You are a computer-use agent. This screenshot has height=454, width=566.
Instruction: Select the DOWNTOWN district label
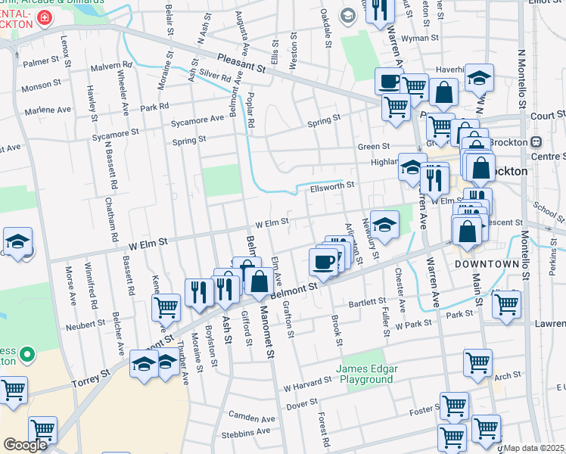tap(487, 264)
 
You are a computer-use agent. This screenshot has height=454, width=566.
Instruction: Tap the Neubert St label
tap(85, 323)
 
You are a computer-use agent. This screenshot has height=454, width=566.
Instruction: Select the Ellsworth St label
tap(332, 186)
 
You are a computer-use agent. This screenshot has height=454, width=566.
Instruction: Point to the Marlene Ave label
tap(47, 110)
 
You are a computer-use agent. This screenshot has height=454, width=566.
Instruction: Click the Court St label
tap(548, 115)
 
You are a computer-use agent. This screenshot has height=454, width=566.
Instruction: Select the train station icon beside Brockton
tap(536, 142)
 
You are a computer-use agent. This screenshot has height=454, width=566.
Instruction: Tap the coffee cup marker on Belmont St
tap(323, 262)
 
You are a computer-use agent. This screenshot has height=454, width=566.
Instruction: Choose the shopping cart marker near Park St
tap(506, 304)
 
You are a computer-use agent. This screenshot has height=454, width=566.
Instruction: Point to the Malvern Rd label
tap(110, 67)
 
